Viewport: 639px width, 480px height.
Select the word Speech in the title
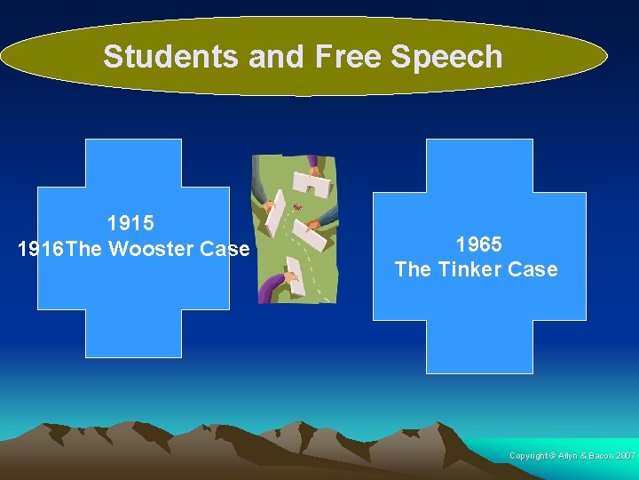point(446,57)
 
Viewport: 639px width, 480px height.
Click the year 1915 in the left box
point(130,223)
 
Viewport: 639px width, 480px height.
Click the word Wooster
point(151,249)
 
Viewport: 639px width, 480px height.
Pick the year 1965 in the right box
point(478,244)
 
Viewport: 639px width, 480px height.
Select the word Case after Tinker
point(533,269)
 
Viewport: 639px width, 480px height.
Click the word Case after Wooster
point(225,249)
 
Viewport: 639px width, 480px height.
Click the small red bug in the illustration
point(296,208)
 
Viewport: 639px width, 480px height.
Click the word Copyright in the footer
point(529,456)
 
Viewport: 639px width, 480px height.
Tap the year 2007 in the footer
point(624,456)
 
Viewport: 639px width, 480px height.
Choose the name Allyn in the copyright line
point(567,456)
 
